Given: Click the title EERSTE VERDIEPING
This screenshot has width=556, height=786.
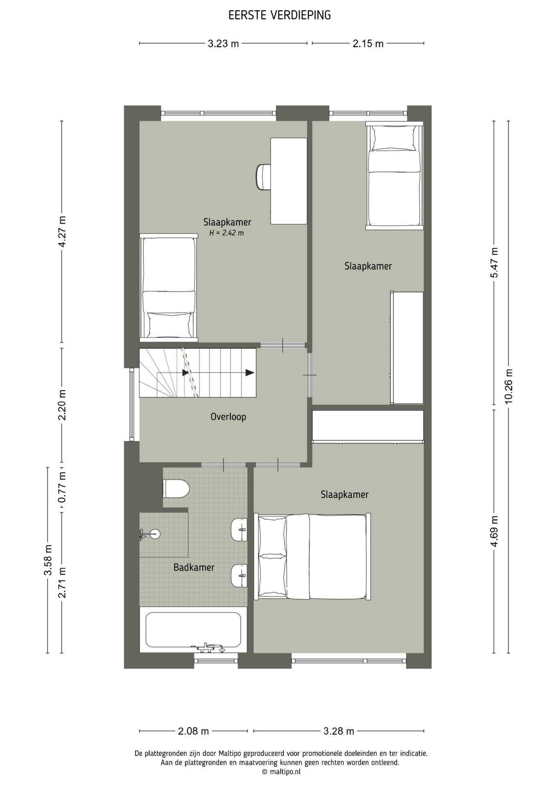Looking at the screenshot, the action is click(x=279, y=16).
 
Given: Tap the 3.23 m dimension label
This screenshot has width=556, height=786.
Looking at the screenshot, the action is click(x=223, y=43).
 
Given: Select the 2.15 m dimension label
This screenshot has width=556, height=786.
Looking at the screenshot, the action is click(x=368, y=43).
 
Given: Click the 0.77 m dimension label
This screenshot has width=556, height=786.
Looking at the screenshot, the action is click(x=62, y=487).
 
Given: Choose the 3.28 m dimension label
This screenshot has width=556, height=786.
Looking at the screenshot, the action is click(x=339, y=731).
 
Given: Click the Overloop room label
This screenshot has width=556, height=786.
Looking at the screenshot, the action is click(x=228, y=417).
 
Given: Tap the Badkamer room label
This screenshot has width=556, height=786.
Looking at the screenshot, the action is click(x=194, y=567).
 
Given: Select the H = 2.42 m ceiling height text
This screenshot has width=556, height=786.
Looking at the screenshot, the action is click(x=227, y=233).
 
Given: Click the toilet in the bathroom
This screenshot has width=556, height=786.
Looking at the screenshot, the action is click(x=176, y=488).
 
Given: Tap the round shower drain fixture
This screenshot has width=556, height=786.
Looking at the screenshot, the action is click(x=154, y=534).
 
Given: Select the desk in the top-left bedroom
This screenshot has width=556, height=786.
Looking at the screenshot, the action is click(x=289, y=181).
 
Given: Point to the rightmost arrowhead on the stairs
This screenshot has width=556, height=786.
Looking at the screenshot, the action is click(x=250, y=373).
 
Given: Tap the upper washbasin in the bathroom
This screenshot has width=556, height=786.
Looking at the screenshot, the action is click(x=239, y=530).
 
